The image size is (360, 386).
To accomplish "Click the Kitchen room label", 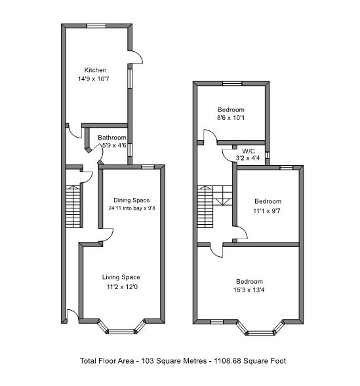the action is [95, 70].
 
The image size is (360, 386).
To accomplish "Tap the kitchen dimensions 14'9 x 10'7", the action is [94, 79].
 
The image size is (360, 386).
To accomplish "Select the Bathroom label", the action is [112, 138].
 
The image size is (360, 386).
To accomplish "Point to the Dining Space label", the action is [132, 200].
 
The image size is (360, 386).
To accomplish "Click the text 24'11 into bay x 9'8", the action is [132, 208].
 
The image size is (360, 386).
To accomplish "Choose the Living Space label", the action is [121, 277].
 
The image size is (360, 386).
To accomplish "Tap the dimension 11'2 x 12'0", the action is [122, 287].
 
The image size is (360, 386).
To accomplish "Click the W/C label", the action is [249, 151].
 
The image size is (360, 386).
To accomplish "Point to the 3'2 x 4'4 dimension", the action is [248, 158].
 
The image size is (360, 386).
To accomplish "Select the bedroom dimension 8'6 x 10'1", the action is [231, 118].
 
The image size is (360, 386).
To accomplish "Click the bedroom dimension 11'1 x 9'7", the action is [267, 211].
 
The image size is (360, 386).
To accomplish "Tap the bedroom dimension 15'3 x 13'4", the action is [249, 290].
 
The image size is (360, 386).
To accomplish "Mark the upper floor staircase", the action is [214, 207].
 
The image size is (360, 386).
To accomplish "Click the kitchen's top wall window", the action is [96, 26].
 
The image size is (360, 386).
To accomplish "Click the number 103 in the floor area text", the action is [148, 361].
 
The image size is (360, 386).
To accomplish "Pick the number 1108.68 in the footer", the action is [228, 361].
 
